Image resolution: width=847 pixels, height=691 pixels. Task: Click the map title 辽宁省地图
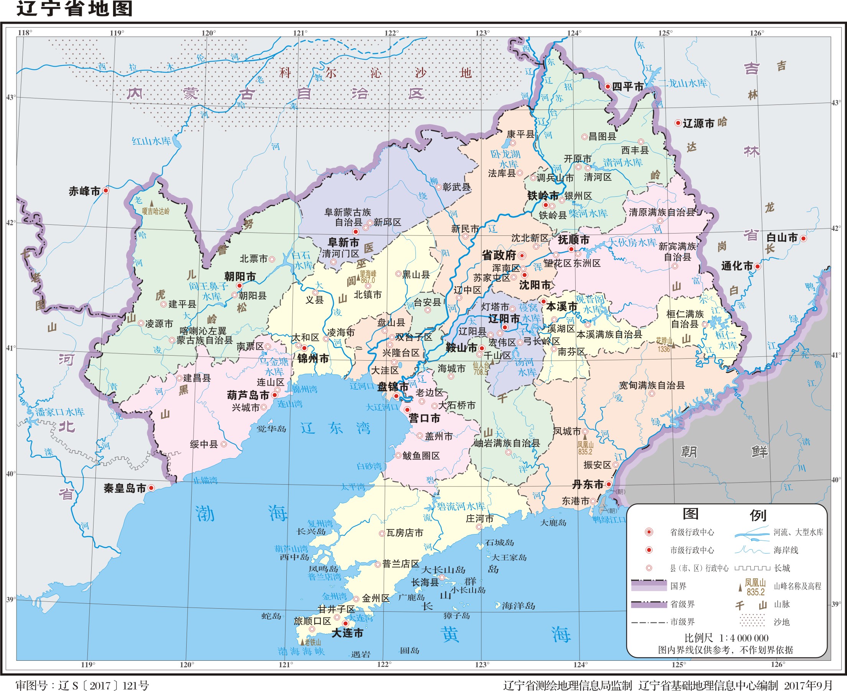click(x=74, y=9)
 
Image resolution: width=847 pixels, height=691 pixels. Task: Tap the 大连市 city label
click(x=347, y=633)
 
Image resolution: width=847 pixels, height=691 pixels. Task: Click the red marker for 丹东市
click(x=609, y=484)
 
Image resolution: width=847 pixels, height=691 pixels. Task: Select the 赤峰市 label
click(x=84, y=191)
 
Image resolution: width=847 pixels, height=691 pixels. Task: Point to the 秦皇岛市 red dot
click(x=151, y=488)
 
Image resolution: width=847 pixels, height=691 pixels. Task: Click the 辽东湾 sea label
click(x=335, y=428)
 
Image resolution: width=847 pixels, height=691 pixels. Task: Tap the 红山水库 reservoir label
click(x=151, y=141)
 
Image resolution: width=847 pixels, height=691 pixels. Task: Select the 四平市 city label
click(x=627, y=87)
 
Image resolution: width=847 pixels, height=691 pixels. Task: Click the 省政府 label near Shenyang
click(x=499, y=256)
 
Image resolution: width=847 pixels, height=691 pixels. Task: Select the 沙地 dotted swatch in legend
click(x=752, y=622)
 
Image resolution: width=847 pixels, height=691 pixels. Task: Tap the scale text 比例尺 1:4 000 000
click(x=726, y=638)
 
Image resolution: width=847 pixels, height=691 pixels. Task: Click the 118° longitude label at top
click(x=25, y=33)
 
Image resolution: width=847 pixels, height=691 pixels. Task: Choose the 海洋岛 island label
click(x=518, y=606)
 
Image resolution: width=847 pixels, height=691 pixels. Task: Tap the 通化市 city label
click(x=737, y=266)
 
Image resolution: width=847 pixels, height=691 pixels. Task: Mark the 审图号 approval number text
click(x=82, y=685)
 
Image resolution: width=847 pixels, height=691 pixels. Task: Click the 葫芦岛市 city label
click(x=248, y=395)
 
